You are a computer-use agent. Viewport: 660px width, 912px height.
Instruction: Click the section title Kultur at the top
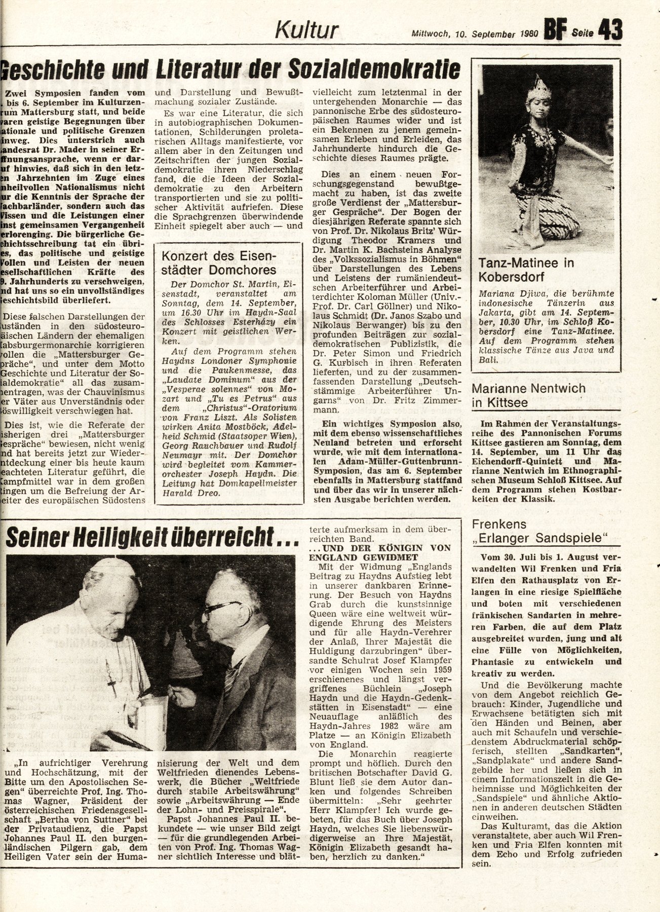[306, 30]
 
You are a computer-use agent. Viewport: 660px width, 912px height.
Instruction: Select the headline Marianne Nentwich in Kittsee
[528, 396]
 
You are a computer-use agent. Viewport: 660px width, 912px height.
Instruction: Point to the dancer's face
[538, 109]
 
